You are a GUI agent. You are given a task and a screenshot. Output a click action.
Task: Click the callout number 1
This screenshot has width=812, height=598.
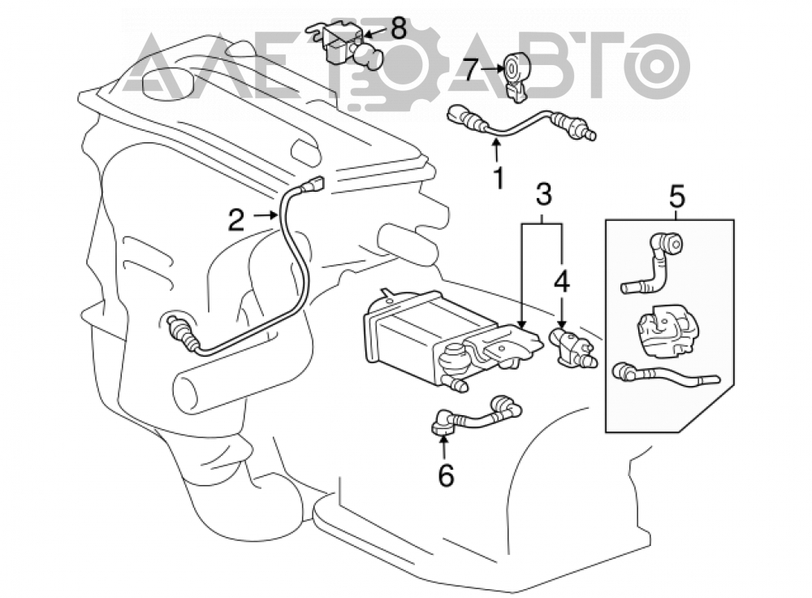point(499,178)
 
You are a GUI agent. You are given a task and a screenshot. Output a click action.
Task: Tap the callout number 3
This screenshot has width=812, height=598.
point(543,194)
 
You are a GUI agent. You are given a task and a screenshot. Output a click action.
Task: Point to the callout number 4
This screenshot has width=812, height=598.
point(562,283)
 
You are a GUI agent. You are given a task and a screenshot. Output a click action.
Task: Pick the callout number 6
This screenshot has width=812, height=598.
point(445,475)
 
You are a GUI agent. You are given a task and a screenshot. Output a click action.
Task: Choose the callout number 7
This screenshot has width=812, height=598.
point(469,71)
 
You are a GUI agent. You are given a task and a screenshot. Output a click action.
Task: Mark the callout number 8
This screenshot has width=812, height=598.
point(398,29)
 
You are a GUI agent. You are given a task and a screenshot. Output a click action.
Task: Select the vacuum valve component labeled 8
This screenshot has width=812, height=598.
point(345,45)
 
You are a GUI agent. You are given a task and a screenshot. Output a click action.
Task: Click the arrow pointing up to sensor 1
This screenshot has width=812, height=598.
point(497,150)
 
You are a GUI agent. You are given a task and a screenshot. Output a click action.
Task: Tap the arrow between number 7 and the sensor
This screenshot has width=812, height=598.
point(490,68)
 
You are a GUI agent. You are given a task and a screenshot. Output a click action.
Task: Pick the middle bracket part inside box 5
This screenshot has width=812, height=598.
point(667,331)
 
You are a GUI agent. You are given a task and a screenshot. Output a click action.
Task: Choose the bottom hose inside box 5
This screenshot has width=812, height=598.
point(666,374)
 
